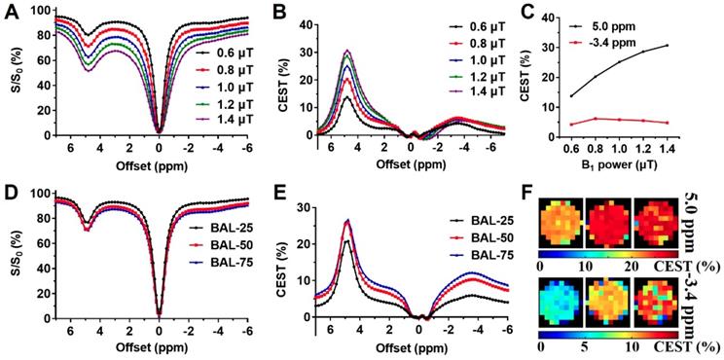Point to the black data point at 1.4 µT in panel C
tap(667, 45)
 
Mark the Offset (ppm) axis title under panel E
tap(417, 347)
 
